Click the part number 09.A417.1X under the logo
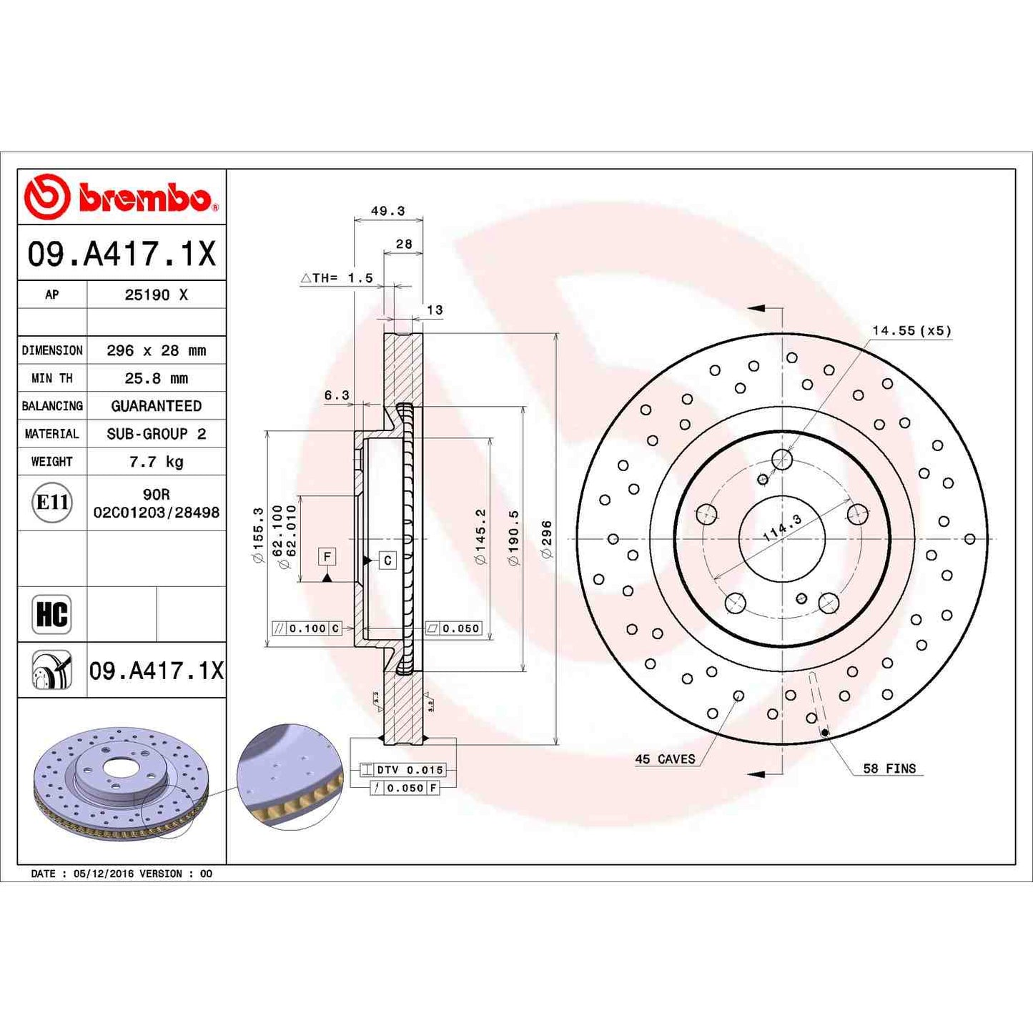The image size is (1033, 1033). point(122,254)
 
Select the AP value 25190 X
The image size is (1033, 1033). point(156,295)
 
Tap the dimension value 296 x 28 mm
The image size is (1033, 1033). point(156,350)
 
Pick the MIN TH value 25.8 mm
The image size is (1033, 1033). point(156,378)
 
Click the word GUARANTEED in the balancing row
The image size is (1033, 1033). point(156,406)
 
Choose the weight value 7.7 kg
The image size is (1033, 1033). point(156,462)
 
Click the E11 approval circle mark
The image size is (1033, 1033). point(52,503)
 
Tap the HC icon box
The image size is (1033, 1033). point(51,614)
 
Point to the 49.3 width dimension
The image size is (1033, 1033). point(387,211)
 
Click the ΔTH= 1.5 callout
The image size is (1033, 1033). point(337,278)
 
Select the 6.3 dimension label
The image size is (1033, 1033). point(337,395)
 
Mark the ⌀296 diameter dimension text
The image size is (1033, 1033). point(547,539)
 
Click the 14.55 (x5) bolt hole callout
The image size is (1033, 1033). point(911,330)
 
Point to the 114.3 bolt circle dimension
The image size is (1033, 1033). point(782,528)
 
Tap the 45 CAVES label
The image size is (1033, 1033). point(665,758)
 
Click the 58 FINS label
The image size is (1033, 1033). point(889,768)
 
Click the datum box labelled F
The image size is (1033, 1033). point(327,556)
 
